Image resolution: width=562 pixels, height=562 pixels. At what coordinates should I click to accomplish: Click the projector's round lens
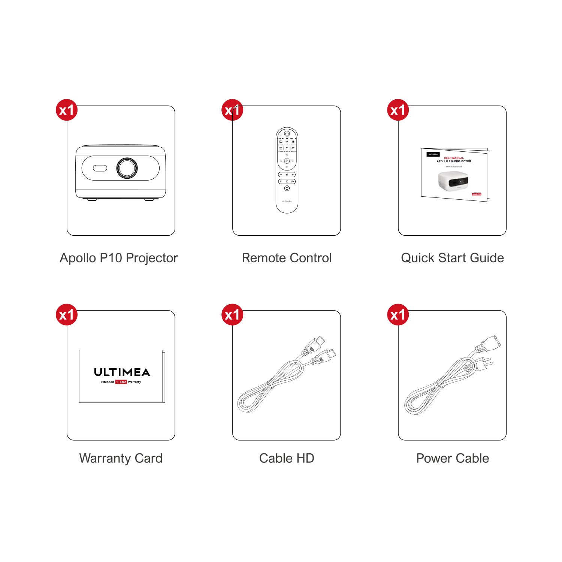point(127,168)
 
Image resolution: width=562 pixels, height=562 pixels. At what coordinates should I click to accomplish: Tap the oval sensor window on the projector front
point(100,168)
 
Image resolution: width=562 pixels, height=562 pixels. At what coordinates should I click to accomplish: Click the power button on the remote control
point(287,134)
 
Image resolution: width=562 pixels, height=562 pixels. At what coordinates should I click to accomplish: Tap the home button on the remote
point(287,188)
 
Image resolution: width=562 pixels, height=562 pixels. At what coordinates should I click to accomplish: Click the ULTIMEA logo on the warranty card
point(122,372)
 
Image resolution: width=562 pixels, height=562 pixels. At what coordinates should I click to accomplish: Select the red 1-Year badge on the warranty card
point(121,382)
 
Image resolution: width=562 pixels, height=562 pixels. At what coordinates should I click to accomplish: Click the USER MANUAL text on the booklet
point(454,158)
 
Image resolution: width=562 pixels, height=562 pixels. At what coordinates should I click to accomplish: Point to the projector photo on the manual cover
point(453,181)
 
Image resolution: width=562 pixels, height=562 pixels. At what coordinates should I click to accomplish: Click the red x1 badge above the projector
point(67,110)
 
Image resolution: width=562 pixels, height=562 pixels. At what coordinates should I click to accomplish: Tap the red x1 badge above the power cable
point(398,315)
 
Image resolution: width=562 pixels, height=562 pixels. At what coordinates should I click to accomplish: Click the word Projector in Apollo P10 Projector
point(152,258)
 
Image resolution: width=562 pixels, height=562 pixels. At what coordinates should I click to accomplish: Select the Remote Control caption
point(287,258)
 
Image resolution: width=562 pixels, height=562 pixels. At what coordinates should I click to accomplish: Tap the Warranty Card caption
point(121,458)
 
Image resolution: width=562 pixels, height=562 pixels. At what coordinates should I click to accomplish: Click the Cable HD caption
point(287,458)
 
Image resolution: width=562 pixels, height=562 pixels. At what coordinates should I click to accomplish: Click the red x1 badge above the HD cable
point(232,315)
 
